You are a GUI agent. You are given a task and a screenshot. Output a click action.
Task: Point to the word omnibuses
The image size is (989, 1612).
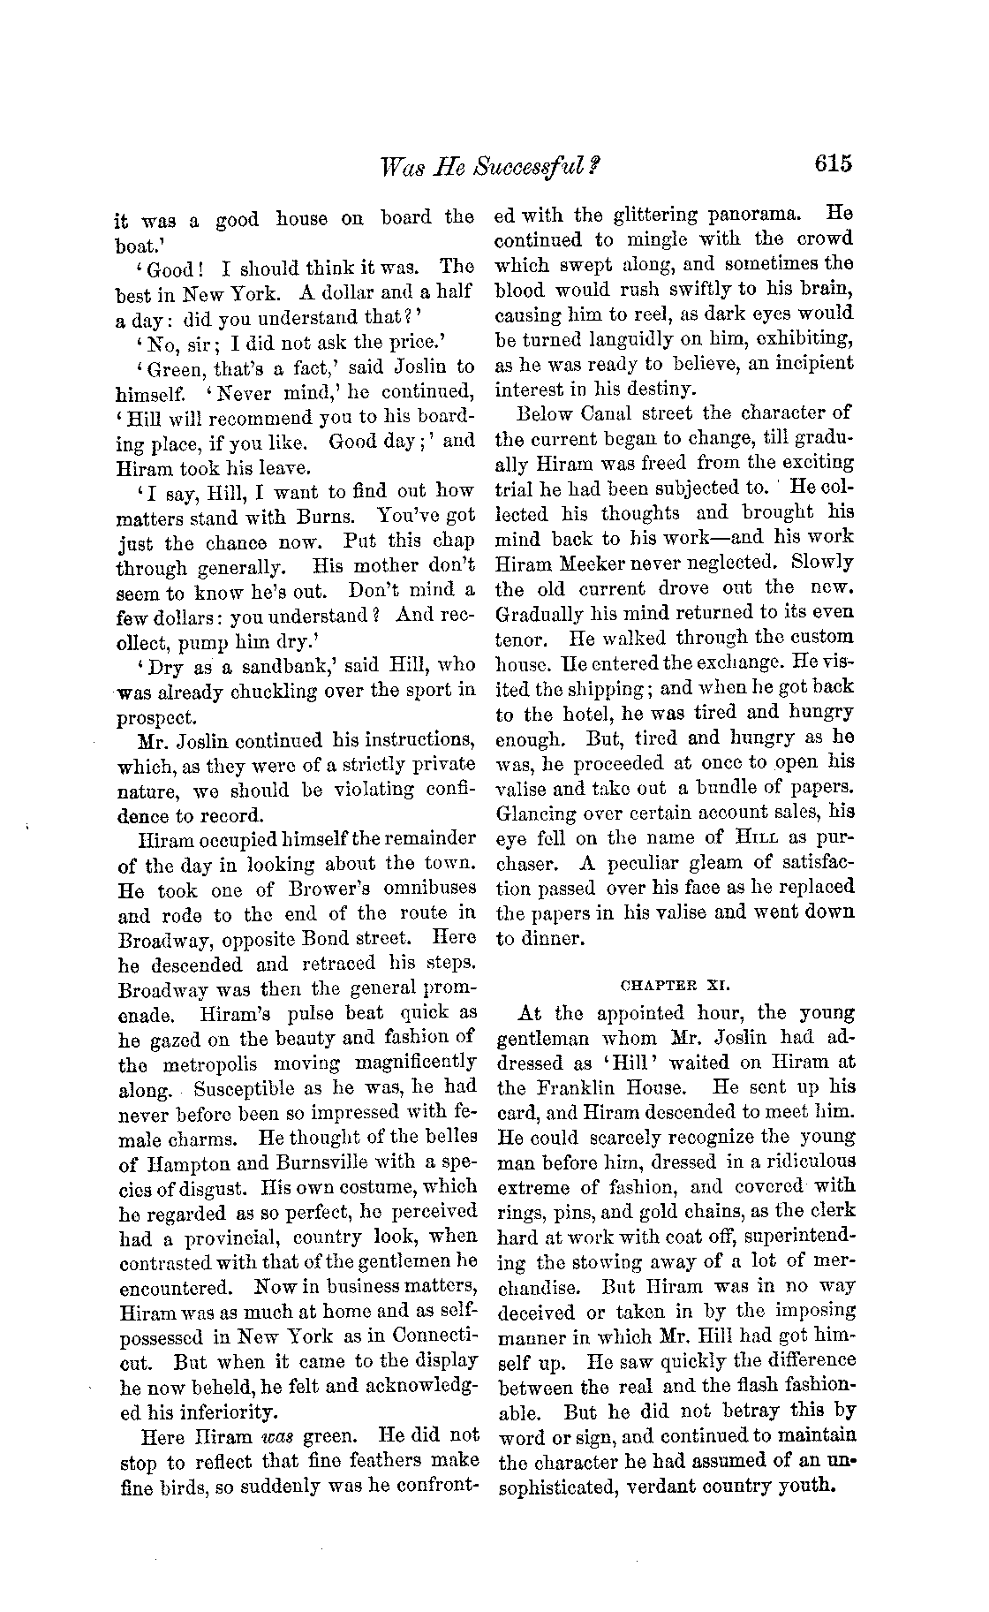427,888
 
